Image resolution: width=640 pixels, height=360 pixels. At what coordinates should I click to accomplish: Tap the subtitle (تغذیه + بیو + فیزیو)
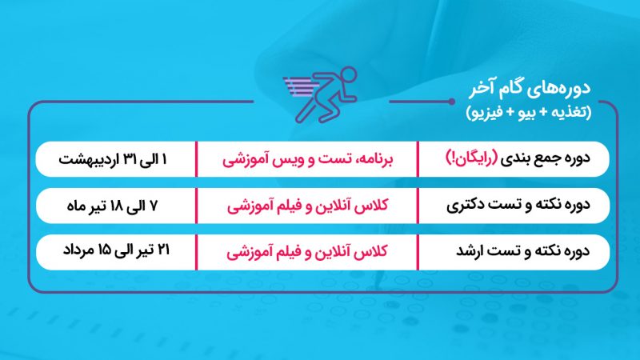click(529, 112)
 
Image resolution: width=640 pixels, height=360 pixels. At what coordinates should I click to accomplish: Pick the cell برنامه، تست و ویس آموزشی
click(308, 158)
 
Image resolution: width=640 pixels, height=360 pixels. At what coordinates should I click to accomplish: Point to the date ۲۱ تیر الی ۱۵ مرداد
click(116, 250)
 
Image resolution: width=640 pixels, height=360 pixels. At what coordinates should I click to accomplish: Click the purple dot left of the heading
click(451, 102)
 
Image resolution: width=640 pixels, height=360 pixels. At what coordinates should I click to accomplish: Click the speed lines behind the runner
click(301, 86)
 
